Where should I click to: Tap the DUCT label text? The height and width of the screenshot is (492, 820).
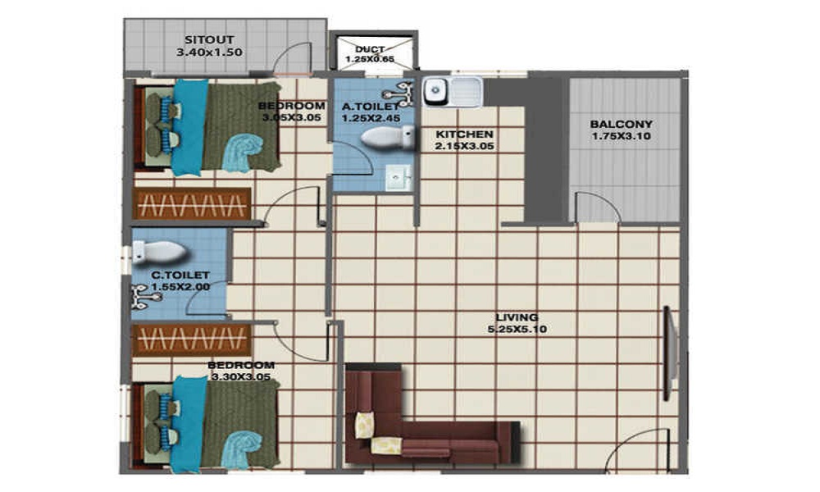coord(371,49)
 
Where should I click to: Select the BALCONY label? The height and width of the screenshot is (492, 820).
coord(621,125)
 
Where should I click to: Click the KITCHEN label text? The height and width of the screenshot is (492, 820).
coord(464,134)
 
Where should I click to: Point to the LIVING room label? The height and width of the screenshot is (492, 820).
coord(517,317)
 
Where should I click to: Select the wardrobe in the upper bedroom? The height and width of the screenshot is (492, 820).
coord(192,204)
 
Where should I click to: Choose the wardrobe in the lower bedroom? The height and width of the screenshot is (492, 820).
coord(192,339)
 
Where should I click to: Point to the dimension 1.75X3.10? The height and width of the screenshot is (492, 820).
coord(621,136)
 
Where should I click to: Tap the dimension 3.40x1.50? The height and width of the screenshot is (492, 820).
coord(209,52)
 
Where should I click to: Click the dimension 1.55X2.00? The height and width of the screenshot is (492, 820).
coord(180,288)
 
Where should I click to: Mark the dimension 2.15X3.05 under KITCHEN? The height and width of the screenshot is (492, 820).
coord(464,147)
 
